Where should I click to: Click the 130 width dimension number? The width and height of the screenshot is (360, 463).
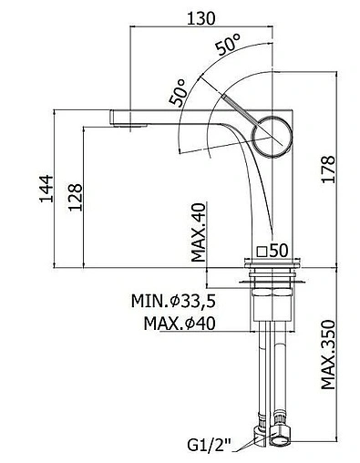point(201,18)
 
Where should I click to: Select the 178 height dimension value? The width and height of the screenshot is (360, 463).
point(328,170)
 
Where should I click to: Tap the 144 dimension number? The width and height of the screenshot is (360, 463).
point(46,189)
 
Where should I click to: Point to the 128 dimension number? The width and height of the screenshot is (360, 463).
point(75,197)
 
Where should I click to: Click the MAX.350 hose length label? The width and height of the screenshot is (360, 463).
point(328,355)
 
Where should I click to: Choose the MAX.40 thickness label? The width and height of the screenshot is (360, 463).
point(199,232)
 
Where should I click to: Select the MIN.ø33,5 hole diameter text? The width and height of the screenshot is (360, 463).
point(173,301)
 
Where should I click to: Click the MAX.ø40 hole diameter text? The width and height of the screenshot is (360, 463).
point(180,324)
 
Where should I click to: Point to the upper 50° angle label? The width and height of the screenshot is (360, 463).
point(228,45)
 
